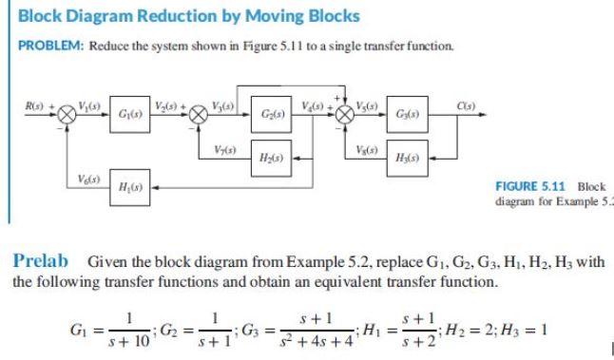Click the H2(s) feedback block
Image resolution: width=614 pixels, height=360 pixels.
tap(277, 156)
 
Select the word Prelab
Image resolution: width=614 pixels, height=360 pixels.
tap(42, 260)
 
